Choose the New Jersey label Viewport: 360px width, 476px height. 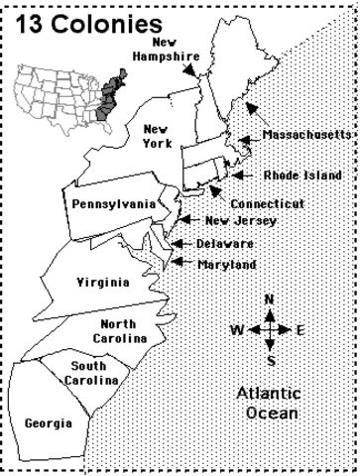point(233,221)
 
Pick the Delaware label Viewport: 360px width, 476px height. point(224,243)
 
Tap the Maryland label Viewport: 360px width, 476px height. point(226,264)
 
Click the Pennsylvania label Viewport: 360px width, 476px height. point(113,203)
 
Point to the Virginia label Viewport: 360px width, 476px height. point(102,283)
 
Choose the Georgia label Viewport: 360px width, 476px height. point(48,422)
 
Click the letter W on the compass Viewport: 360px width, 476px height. point(235,329)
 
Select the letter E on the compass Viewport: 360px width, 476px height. point(300,329)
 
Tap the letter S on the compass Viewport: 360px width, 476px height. point(271,359)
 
